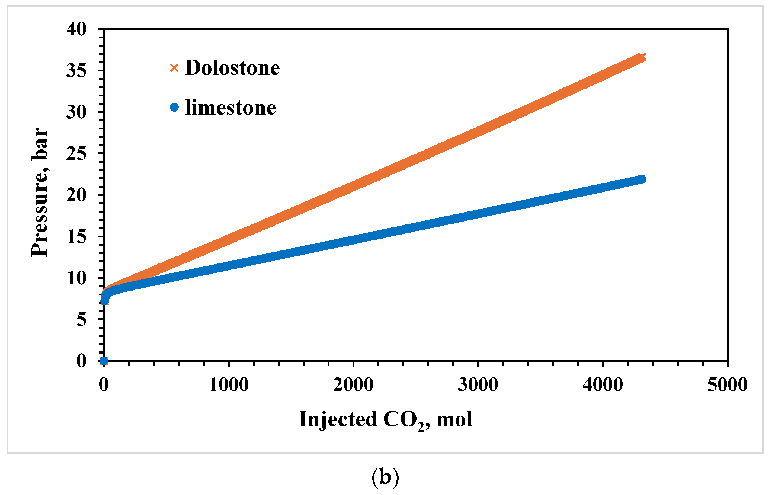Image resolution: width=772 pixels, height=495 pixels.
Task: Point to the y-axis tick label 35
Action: [76, 71]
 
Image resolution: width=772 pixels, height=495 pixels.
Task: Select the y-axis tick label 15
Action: [76, 237]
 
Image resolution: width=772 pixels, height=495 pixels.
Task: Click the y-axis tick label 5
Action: [81, 320]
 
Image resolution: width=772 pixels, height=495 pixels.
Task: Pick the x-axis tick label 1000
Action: [229, 385]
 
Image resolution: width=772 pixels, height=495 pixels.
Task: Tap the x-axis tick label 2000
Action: [353, 385]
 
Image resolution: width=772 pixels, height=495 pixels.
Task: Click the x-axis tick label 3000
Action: [478, 385]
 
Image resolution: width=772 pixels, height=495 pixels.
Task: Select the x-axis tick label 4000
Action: [603, 385]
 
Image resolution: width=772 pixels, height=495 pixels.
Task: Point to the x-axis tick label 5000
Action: [727, 385]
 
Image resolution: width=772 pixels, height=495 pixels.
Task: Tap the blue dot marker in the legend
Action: [174, 107]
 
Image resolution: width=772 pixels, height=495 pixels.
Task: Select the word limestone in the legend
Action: [230, 107]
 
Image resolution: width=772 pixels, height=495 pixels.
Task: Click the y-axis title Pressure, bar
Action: [40, 192]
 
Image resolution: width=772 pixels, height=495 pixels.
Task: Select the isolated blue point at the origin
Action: [104, 361]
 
